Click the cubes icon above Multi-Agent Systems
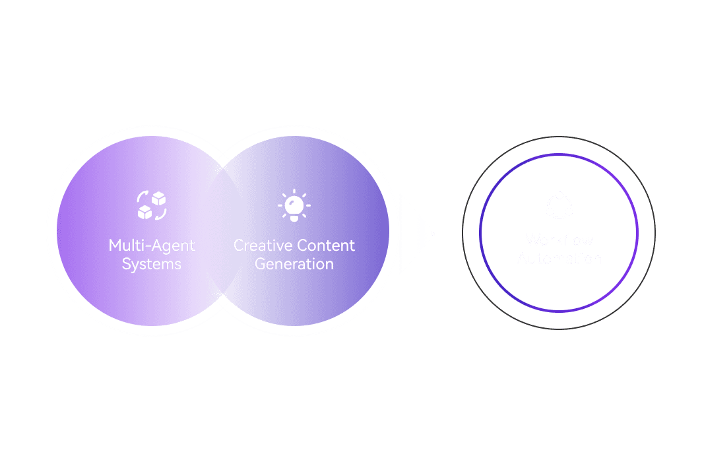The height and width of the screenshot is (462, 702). [x=152, y=205]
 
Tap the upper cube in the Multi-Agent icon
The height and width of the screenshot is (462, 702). [x=158, y=199]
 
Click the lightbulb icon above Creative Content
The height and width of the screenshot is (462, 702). [x=294, y=205]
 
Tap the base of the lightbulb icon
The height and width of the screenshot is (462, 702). [x=294, y=217]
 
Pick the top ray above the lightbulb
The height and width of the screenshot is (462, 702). [x=294, y=191]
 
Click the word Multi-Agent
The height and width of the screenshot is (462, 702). [x=152, y=246]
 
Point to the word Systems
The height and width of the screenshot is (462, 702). [x=152, y=264]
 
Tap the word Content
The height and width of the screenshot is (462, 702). [x=325, y=246]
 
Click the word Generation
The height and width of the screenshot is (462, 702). [x=294, y=264]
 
